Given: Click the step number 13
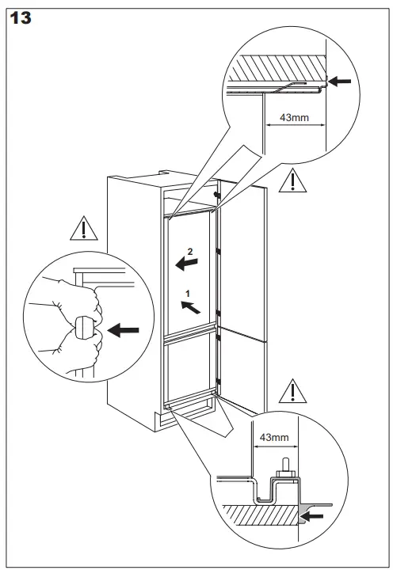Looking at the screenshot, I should [x=20, y=17].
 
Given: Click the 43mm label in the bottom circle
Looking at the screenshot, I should [x=267, y=435].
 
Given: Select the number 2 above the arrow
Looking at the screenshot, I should [x=189, y=252].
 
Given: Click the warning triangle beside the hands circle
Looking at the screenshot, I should [x=82, y=229].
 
